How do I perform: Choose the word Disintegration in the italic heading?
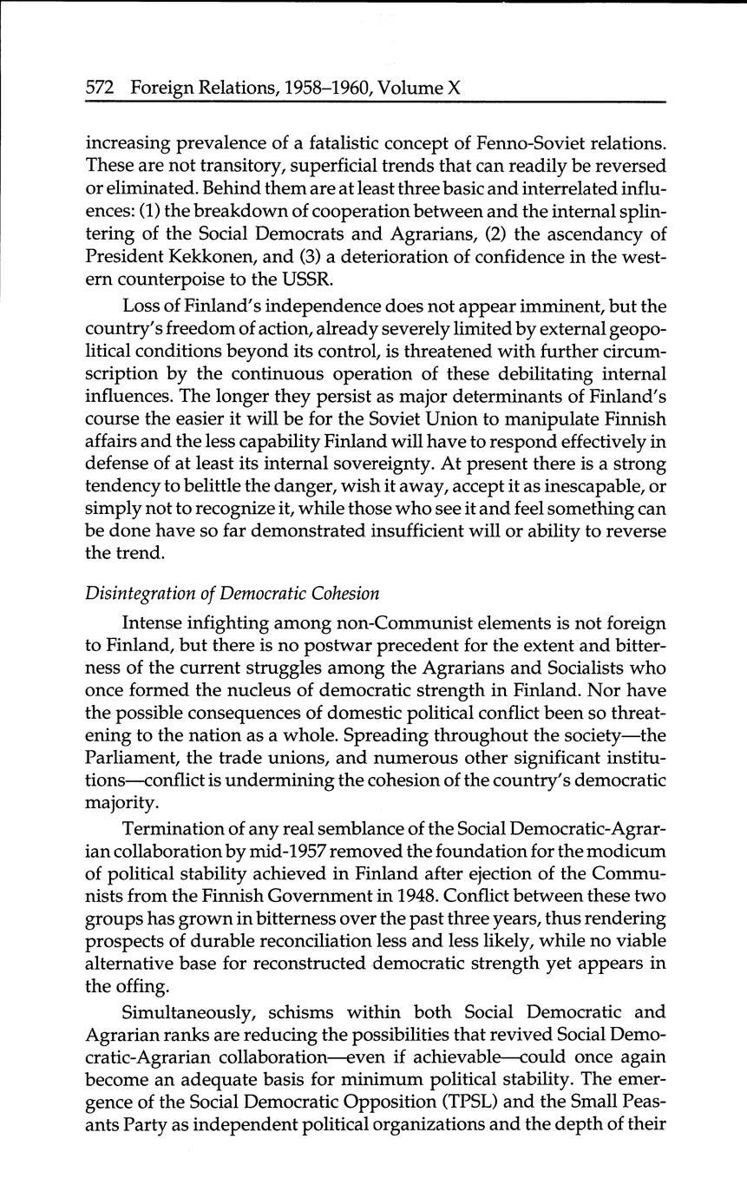[137, 595]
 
